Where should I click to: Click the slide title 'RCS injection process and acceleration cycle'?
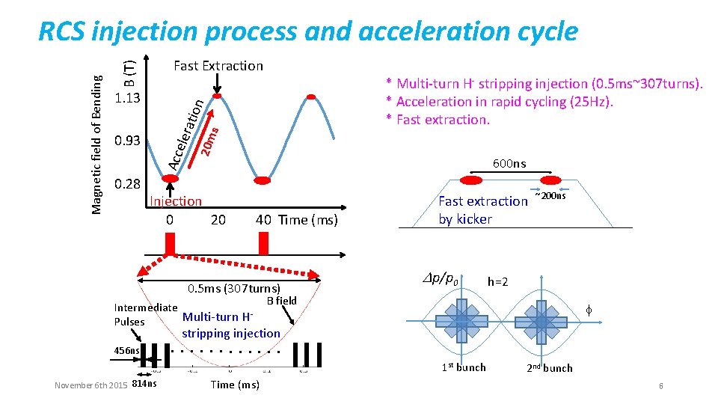[307, 31]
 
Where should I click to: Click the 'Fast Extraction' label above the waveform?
[218, 66]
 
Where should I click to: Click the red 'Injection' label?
[176, 201]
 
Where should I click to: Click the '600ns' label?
[509, 164]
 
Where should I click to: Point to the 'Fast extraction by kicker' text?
[482, 210]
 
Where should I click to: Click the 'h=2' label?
[498, 282]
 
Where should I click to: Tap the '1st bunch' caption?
[464, 367]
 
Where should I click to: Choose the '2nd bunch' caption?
[549, 368]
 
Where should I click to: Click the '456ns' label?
[126, 350]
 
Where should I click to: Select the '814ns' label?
[144, 385]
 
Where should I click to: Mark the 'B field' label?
[281, 301]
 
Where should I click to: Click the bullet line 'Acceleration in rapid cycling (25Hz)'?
[500, 102]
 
